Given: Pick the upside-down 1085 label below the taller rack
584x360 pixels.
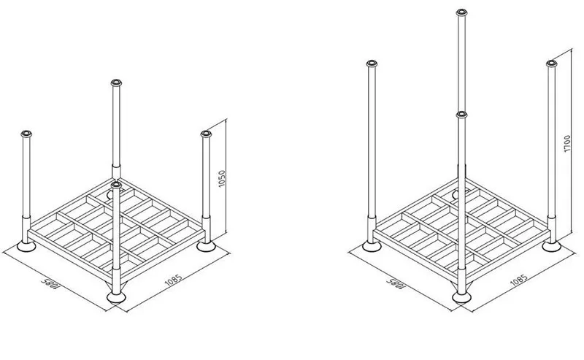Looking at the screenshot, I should coord(393,283).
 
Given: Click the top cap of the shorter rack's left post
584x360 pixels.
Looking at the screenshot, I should coord(27,134).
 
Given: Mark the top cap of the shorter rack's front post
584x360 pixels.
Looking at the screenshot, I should coord(117,187).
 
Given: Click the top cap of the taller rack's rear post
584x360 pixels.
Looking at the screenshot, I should coord(461,12).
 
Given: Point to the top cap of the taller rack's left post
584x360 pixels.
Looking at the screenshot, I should coord(372,64).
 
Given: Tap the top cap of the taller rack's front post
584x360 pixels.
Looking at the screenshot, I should coord(461,115).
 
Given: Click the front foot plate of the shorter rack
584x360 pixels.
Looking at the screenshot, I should coord(116,296).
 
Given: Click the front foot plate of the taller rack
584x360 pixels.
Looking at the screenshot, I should coord(461,296).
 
